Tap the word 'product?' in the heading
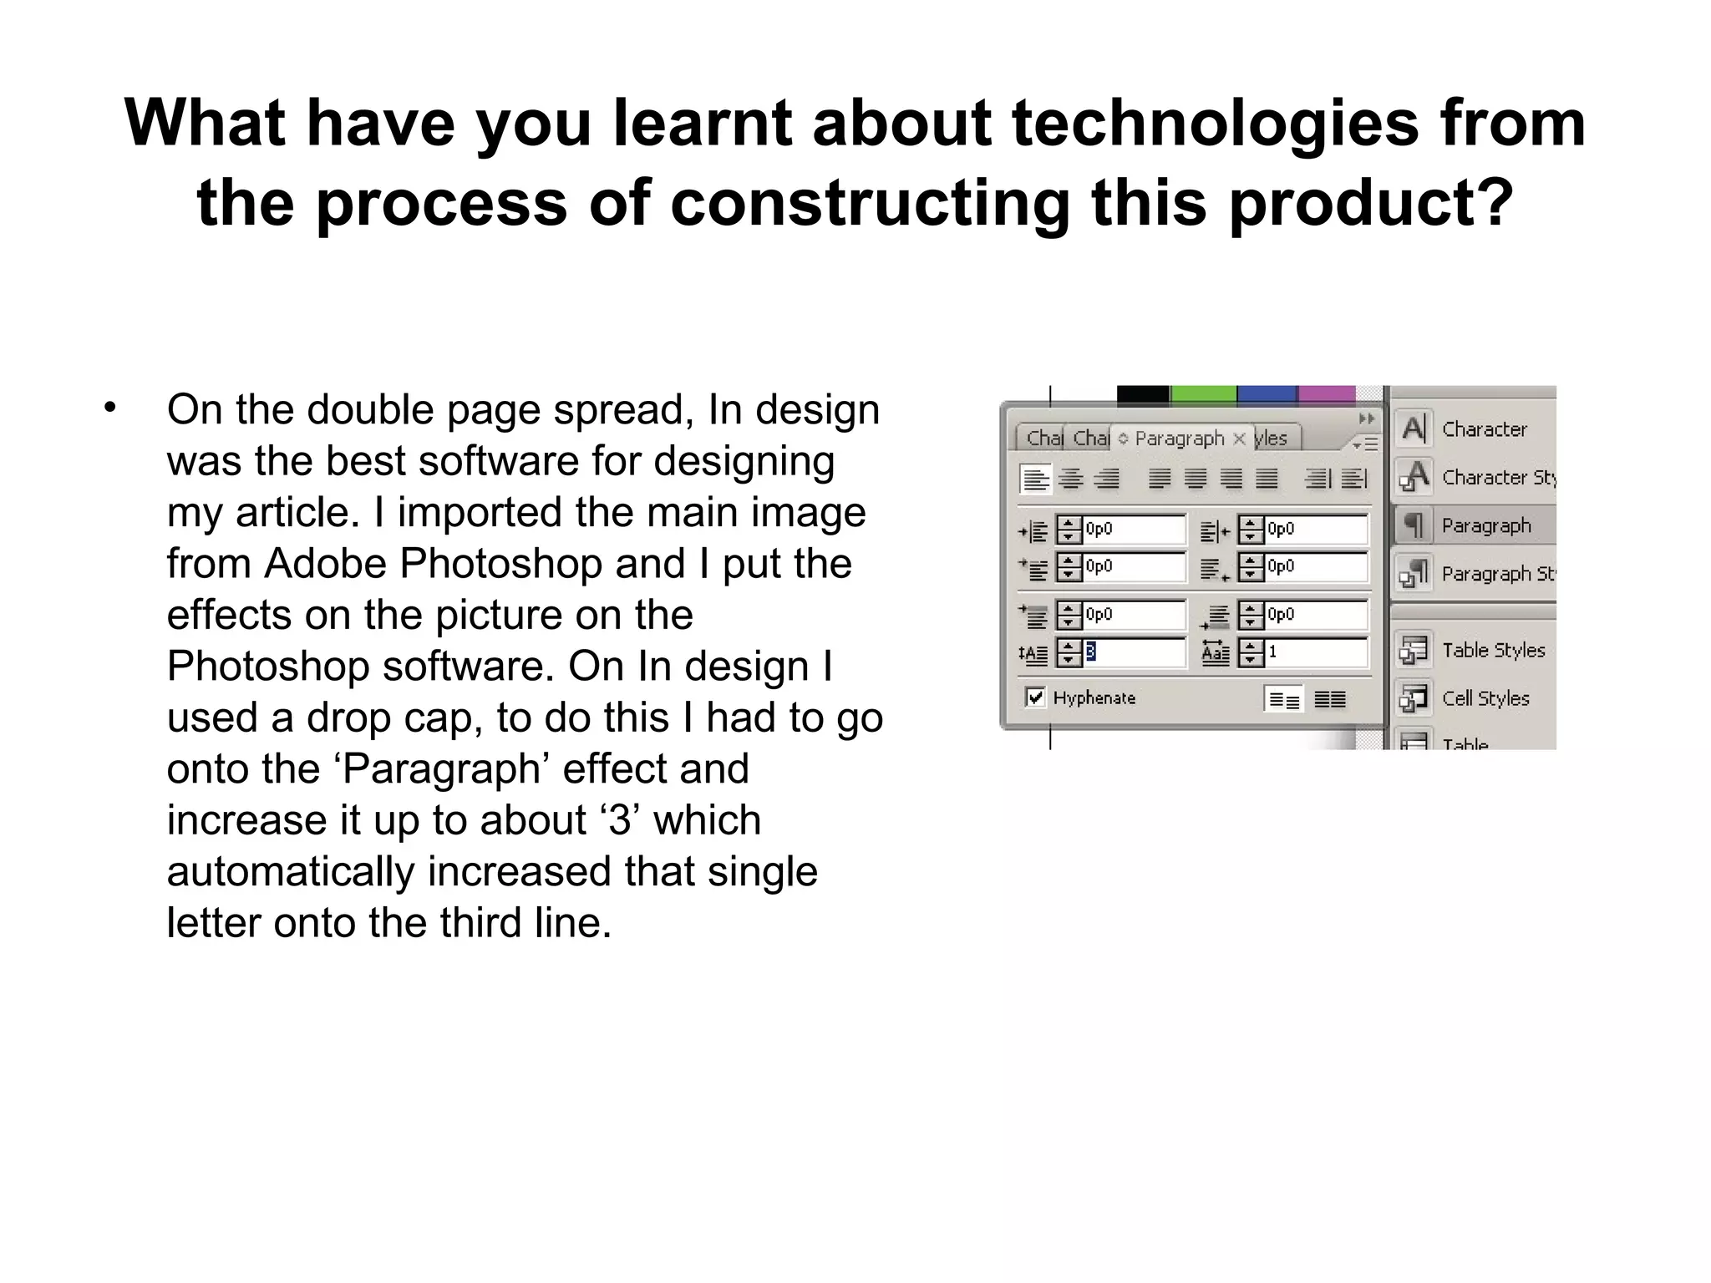(x=1371, y=203)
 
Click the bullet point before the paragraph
(x=109, y=408)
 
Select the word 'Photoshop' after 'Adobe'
(x=502, y=564)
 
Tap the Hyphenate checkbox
(x=1035, y=697)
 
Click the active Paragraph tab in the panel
(x=1179, y=439)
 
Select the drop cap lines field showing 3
(x=1132, y=652)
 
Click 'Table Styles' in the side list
(x=1493, y=650)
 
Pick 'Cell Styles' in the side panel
(x=1485, y=698)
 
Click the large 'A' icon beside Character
(x=1414, y=429)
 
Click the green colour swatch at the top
(x=1202, y=393)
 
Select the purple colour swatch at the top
(x=1326, y=393)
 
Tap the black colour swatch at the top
(x=1142, y=393)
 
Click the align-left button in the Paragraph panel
(x=1035, y=479)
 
